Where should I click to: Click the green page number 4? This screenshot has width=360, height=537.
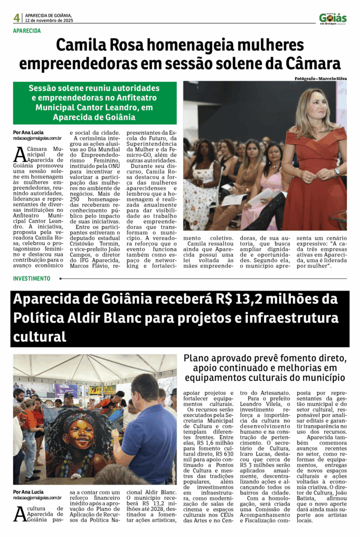tap(17, 18)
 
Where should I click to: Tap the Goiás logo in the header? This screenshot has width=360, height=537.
tap(333, 18)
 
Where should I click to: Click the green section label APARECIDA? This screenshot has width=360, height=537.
tap(27, 31)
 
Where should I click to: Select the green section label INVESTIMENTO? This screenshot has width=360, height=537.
tap(32, 278)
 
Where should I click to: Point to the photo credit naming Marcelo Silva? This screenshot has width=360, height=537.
tap(320, 78)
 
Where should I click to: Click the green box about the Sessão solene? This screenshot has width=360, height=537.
tap(95, 102)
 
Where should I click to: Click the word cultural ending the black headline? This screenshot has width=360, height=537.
tap(40, 336)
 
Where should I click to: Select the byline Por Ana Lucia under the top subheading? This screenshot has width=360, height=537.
tap(28, 132)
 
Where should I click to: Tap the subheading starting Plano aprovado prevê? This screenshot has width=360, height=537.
tap(264, 368)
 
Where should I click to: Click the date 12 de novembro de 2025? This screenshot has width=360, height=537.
tap(49, 21)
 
